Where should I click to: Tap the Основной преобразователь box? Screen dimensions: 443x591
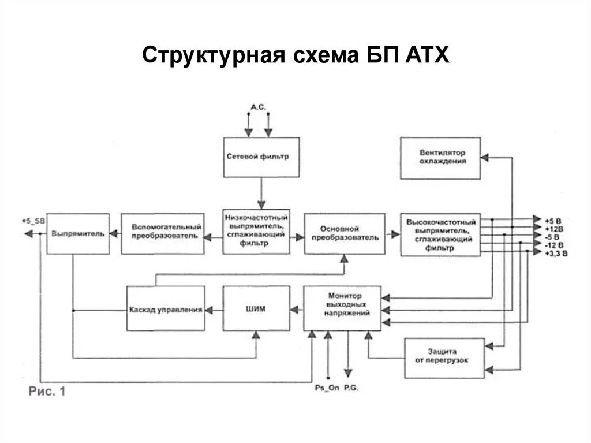pos(344,233)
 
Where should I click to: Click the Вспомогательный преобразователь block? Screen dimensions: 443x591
pos(163,233)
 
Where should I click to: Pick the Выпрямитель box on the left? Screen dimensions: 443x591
pos(77,233)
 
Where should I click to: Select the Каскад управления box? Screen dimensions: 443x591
pos(166,309)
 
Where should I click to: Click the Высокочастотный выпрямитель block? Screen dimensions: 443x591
pos(440,234)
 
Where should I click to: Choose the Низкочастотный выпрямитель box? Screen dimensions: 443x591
pos(256,231)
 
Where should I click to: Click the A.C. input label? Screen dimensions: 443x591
pos(258,107)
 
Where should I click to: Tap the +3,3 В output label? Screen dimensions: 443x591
pos(555,254)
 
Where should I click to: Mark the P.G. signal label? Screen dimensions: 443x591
pos(351,389)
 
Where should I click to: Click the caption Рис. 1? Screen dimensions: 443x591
pos(47,392)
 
